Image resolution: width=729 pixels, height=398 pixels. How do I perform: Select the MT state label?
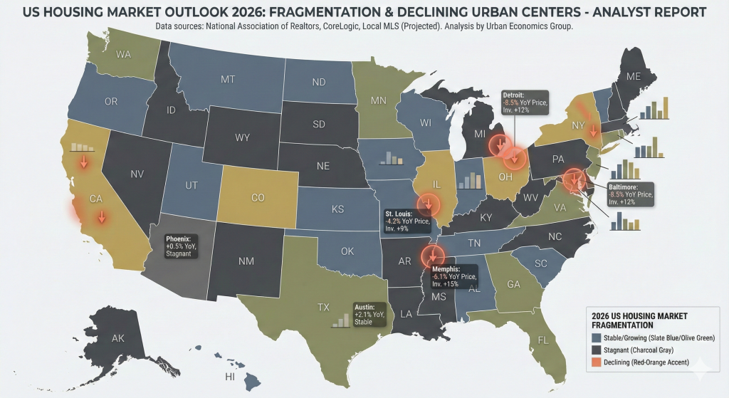228,79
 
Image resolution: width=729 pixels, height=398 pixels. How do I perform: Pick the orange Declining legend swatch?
596,364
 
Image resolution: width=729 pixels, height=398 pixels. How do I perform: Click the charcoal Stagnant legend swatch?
596,350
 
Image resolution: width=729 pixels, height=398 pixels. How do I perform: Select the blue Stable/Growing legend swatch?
596,337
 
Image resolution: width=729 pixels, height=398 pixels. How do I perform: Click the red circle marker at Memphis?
431,254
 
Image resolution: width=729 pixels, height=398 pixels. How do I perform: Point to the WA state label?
123,54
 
